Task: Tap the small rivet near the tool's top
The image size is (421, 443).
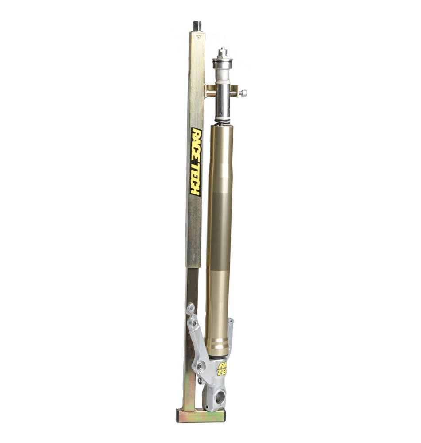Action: (199, 37)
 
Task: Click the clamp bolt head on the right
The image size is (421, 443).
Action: (243, 93)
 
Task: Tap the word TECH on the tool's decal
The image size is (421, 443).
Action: (195, 180)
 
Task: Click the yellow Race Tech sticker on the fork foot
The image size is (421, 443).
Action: (222, 369)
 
